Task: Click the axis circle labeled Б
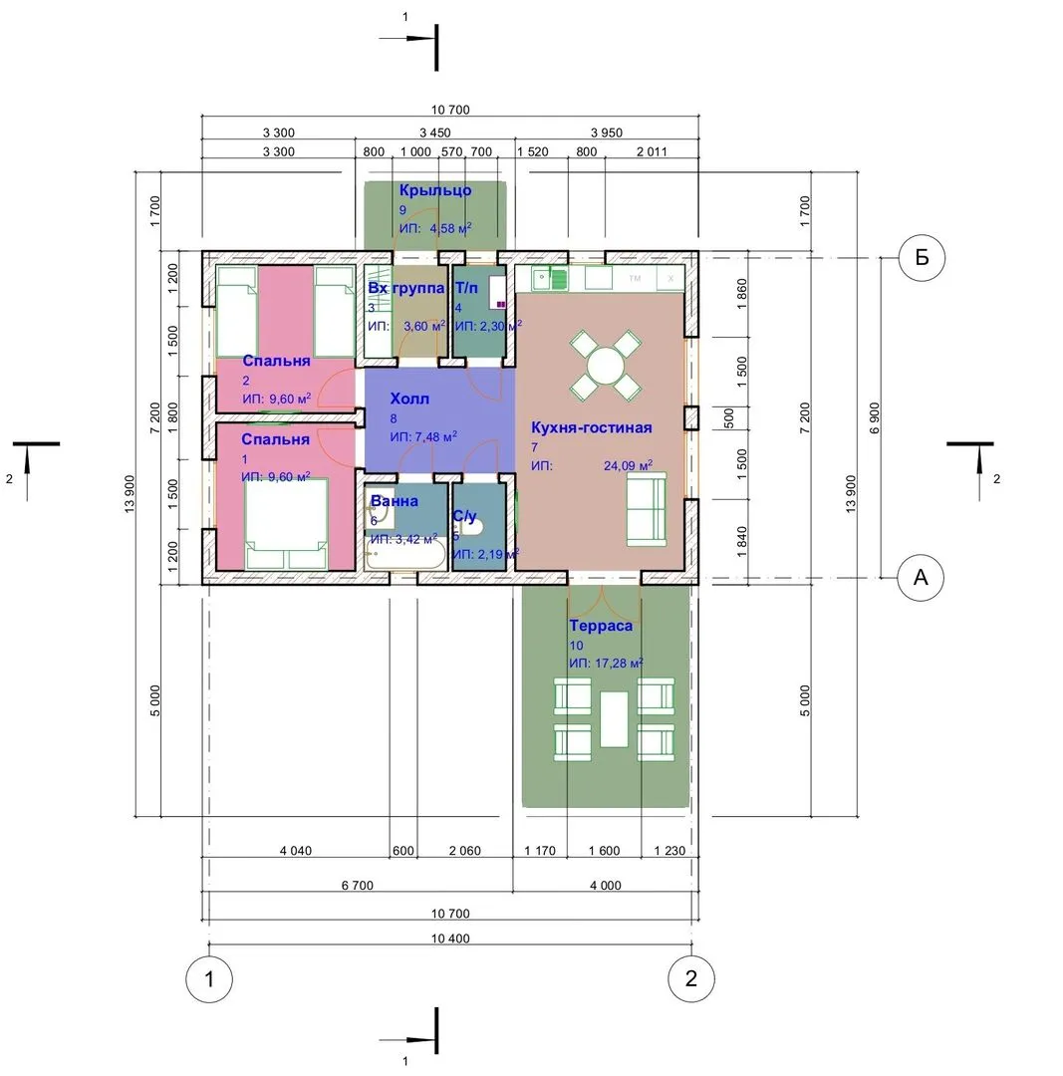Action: pyautogui.click(x=922, y=258)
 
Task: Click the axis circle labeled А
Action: pyautogui.click(x=921, y=578)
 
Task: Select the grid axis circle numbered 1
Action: pyautogui.click(x=209, y=979)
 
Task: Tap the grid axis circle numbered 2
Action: pyautogui.click(x=691, y=978)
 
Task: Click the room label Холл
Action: pyautogui.click(x=409, y=399)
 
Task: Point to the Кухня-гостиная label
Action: pyautogui.click(x=592, y=427)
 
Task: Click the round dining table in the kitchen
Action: pyautogui.click(x=605, y=366)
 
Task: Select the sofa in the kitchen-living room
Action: pyautogui.click(x=647, y=509)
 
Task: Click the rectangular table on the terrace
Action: pyautogui.click(x=614, y=719)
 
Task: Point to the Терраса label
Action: pyautogui.click(x=601, y=626)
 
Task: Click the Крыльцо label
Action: pyautogui.click(x=435, y=190)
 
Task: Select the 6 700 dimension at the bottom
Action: pyautogui.click(x=358, y=886)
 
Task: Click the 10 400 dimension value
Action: pyautogui.click(x=450, y=939)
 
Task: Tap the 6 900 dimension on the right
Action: pyautogui.click(x=874, y=417)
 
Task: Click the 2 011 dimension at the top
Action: pyautogui.click(x=652, y=151)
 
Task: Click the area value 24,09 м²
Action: pyautogui.click(x=628, y=465)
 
